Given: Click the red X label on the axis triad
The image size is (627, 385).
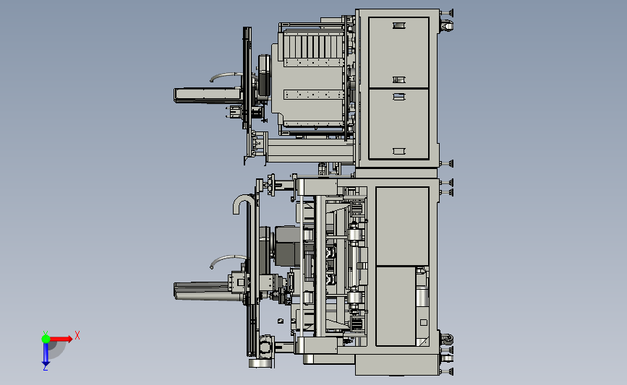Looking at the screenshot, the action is point(77,335).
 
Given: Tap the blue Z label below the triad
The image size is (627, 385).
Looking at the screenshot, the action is point(45,368).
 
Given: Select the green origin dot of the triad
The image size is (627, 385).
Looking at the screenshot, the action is point(46,339).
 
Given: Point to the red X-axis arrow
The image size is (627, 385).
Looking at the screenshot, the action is point(61,339).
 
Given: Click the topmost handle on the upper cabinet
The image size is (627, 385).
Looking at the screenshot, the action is point(399,25).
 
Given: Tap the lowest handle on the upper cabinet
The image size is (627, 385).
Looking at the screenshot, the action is point(399,151).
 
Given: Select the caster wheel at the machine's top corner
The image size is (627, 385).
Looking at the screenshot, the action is point(447,26).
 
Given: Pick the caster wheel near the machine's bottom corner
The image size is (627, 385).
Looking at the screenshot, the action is point(447,340).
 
